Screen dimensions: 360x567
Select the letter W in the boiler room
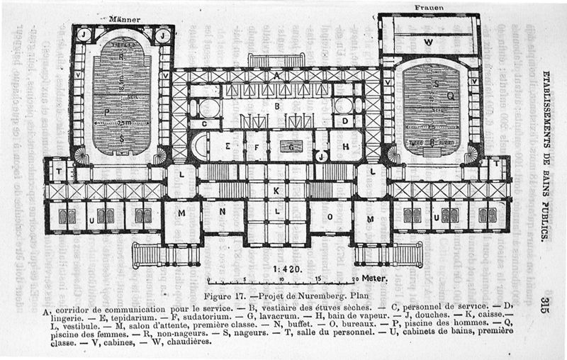point(428,42)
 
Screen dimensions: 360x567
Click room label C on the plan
point(204,123)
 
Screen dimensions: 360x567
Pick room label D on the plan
point(345,122)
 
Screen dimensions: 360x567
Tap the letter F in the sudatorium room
point(255,147)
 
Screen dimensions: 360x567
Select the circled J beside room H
point(321,157)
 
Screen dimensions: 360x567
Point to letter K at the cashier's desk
point(277,190)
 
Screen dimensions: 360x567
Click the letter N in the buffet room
point(223,212)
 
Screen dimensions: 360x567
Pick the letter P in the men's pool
point(108,112)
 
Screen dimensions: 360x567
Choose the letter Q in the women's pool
point(450,94)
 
